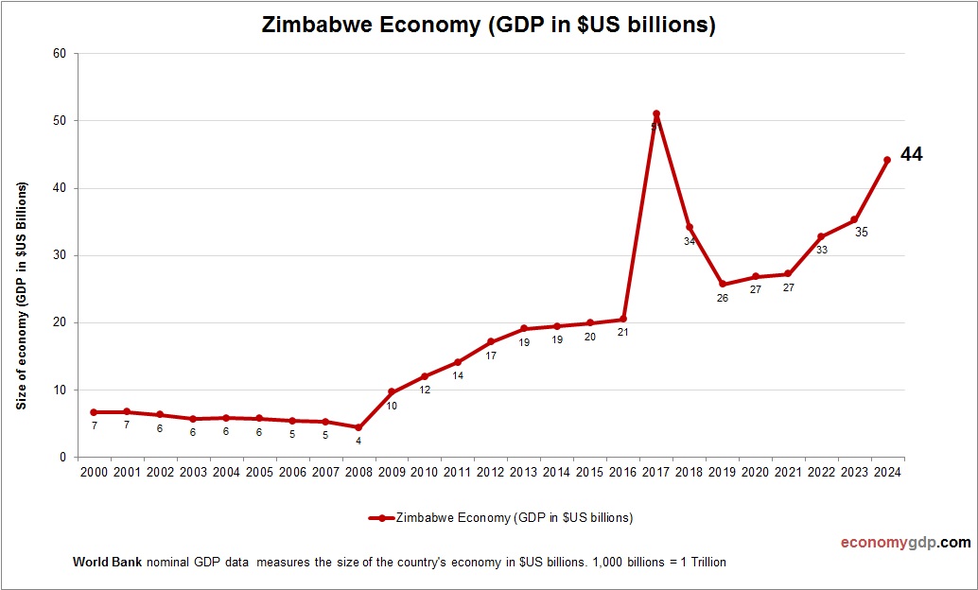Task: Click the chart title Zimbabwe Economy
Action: point(488,26)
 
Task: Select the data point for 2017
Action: point(656,114)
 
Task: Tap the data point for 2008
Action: point(358,427)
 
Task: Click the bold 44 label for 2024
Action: point(911,154)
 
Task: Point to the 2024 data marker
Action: point(887,160)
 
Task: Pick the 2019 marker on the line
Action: point(723,284)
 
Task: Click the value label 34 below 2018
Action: point(690,242)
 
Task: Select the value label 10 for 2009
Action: point(392,407)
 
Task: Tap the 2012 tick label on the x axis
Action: point(490,473)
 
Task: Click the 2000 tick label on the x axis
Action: point(94,473)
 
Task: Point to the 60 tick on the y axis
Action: point(59,54)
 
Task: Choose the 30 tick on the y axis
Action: point(59,255)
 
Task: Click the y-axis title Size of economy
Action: point(21,295)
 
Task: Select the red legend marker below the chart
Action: point(380,518)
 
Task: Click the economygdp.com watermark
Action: point(905,543)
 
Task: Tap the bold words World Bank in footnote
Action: point(107,563)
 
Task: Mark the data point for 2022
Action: point(821,236)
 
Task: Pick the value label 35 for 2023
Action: point(861,232)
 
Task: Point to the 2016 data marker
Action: point(623,319)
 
